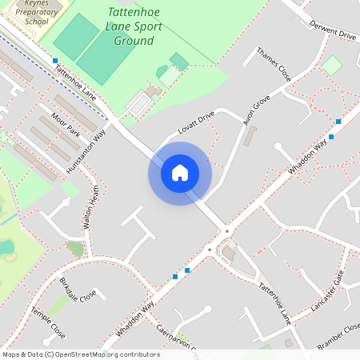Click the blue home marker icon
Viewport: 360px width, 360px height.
point(180,173)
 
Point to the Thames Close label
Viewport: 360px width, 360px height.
point(273,65)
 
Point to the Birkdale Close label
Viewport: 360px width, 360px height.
point(78,288)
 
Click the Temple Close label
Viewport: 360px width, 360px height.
point(47,321)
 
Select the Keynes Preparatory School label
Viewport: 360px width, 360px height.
point(26,11)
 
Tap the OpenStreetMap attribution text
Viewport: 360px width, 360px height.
point(81,354)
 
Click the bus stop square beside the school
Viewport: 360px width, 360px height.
point(55,61)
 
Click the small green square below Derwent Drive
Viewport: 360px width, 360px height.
point(330,66)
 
